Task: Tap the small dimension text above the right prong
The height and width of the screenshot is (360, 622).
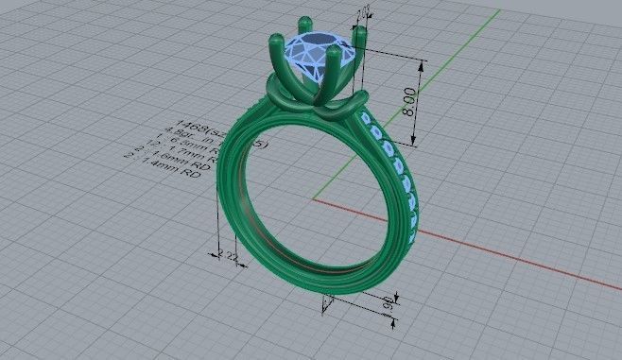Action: [361, 13]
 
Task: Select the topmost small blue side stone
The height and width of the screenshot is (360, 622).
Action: [368, 117]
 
